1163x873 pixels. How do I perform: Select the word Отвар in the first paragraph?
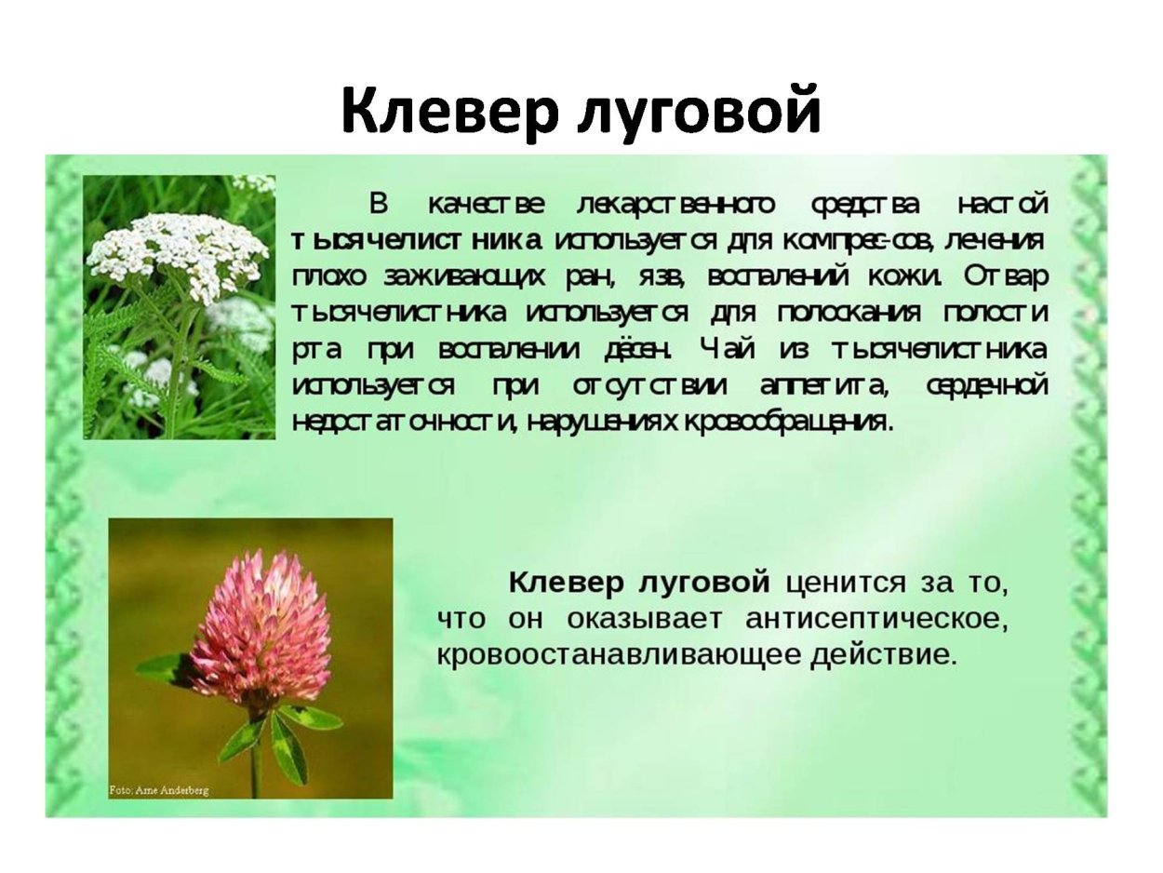pos(1007,276)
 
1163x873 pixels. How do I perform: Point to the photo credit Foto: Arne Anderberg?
pos(159,790)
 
